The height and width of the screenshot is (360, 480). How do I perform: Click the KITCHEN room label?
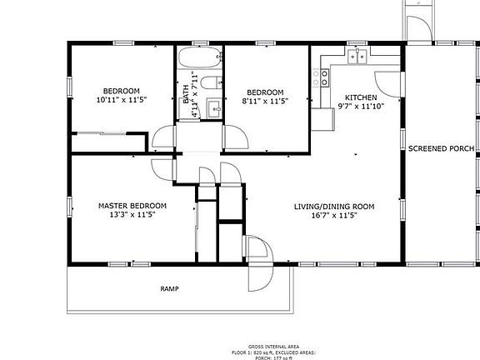361,97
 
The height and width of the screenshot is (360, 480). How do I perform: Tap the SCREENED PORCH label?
441,149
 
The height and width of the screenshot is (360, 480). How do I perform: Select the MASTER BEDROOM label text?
132,205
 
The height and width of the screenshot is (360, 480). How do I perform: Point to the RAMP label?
169,289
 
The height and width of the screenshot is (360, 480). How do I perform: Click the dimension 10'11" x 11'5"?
121,101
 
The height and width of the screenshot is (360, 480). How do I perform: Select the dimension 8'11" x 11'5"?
265,102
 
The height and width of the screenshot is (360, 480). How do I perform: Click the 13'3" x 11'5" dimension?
132,214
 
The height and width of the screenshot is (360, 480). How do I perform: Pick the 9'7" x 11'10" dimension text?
360,106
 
